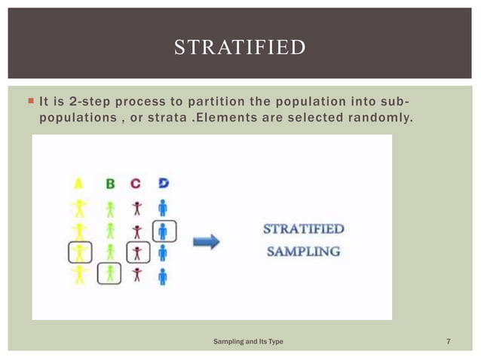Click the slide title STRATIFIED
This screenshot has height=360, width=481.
pyautogui.click(x=240, y=48)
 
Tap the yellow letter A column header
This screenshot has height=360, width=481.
pyautogui.click(x=78, y=184)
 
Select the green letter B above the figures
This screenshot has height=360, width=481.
pyautogui.click(x=110, y=184)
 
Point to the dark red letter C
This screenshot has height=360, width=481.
pyautogui.click(x=136, y=184)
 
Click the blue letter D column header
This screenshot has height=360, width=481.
pyautogui.click(x=163, y=184)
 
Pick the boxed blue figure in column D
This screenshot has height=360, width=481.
pyautogui.click(x=163, y=230)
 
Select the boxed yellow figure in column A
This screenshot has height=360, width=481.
pyautogui.click(x=78, y=252)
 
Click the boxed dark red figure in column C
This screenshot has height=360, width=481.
pyautogui.click(x=136, y=252)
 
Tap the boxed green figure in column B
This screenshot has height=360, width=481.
pyautogui.click(x=110, y=274)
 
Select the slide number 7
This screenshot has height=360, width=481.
pyautogui.click(x=449, y=343)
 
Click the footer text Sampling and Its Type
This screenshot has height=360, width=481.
pyautogui.click(x=250, y=343)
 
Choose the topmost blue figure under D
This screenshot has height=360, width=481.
pyautogui.click(x=163, y=206)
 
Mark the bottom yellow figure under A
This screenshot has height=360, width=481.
pyautogui.click(x=78, y=275)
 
